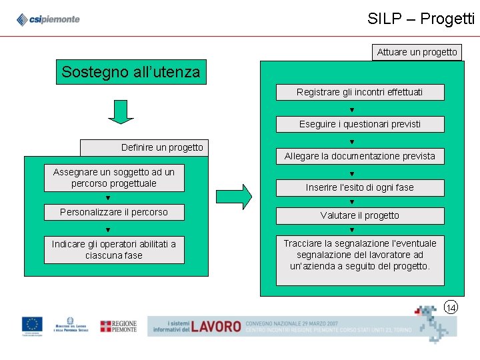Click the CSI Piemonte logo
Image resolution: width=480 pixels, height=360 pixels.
48,19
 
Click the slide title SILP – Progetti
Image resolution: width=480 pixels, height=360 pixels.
421,19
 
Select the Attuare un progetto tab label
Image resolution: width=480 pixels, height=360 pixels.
417,52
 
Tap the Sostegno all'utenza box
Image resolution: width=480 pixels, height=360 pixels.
131,72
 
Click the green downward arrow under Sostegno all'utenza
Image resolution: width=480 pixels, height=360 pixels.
121,111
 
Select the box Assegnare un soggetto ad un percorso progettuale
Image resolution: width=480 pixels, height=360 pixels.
114,178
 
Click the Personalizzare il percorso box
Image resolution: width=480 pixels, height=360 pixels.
114,213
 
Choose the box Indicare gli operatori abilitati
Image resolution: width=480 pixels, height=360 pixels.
114,250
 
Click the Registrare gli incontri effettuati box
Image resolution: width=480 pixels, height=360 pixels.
359,92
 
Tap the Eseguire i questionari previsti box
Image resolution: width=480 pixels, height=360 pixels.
359,124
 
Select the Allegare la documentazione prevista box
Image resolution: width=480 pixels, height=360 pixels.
359,156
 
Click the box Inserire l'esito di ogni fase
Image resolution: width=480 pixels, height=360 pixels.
359,188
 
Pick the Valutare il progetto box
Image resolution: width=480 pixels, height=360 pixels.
359,215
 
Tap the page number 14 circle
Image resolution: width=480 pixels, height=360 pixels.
451,307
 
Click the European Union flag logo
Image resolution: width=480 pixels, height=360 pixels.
32,326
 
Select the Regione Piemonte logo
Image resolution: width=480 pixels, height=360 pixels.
118,326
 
